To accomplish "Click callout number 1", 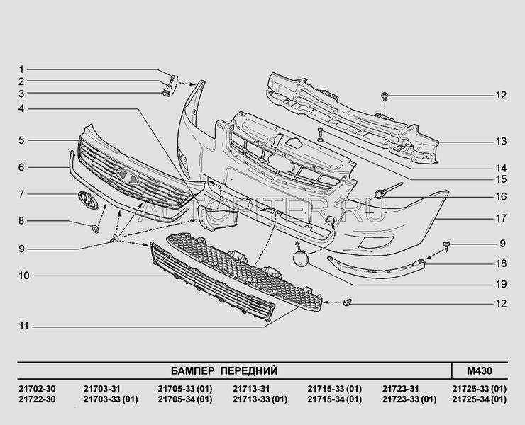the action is (x=21, y=69).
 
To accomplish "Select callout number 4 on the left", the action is (x=21, y=108).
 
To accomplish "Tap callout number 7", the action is (x=21, y=194).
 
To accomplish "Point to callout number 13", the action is (x=501, y=142).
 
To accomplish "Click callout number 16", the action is (x=501, y=196).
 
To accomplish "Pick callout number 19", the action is (x=501, y=285).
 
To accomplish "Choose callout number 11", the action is (x=24, y=327).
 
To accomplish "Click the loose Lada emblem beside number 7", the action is (x=88, y=200).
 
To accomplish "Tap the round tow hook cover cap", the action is (x=301, y=259).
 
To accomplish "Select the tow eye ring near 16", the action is (x=380, y=194).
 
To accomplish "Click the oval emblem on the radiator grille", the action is (x=128, y=177).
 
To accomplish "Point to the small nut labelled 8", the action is (x=96, y=229).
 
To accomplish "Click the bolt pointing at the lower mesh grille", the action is (x=347, y=302).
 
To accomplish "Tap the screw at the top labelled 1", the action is (x=172, y=79).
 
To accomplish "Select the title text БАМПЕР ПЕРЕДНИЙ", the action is (x=224, y=371).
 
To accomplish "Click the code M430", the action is (x=480, y=371).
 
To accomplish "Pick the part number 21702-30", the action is (x=37, y=389).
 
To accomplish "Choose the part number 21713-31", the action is (x=251, y=389).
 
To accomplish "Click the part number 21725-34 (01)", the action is (x=479, y=399).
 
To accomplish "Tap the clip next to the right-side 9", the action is (x=446, y=246).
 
